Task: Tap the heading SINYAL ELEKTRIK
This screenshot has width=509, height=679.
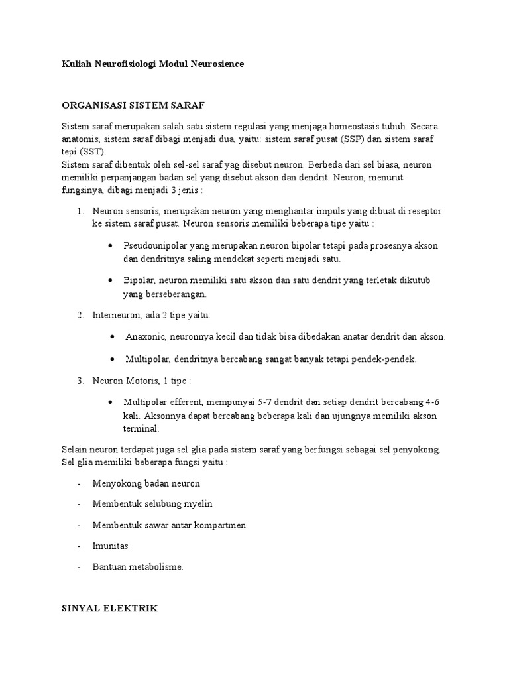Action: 109,608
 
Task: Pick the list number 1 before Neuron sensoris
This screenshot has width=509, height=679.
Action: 80,211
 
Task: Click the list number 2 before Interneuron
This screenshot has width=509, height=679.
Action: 80,315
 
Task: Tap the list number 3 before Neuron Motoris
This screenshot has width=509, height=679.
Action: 80,381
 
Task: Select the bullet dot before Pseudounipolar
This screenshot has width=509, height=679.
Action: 110,246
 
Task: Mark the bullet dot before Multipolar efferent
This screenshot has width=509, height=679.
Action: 110,402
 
